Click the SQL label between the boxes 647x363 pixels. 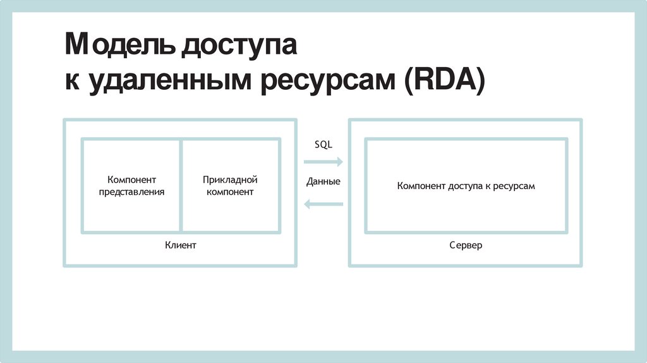tap(323, 144)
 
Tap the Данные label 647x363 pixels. tap(323, 181)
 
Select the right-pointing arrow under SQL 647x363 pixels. tap(323, 162)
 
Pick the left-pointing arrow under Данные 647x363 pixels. tap(323, 204)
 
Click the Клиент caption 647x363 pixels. tap(180, 245)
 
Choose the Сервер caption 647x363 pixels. tap(466, 245)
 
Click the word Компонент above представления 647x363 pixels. tap(131, 180)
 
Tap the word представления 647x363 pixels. tap(131, 192)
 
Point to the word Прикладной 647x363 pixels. tap(230, 180)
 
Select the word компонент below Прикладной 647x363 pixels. tap(230, 192)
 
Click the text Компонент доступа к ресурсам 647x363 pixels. tap(466, 186)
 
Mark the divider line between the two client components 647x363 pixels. tap(181, 186)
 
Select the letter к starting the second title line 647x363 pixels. tap(71, 84)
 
